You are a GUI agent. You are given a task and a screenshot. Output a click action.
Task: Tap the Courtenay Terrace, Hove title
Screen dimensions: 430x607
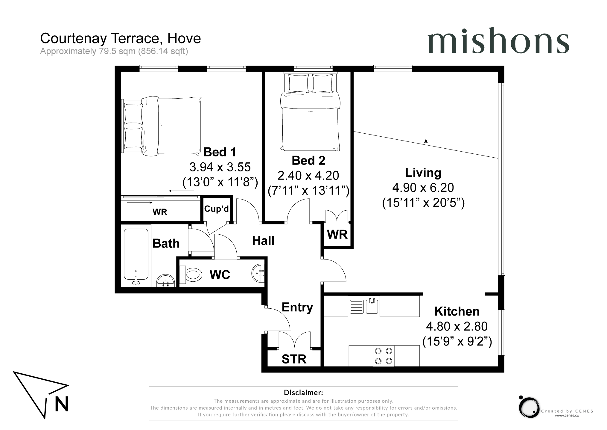[120, 38]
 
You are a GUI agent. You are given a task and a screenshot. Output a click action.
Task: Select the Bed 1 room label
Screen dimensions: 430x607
[220, 152]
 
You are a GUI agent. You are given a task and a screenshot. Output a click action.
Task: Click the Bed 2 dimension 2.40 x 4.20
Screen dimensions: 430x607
[308, 175]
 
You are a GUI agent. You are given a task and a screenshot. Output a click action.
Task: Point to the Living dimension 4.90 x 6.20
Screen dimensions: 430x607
[423, 188]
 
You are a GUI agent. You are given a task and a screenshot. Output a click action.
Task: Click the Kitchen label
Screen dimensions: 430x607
[457, 311]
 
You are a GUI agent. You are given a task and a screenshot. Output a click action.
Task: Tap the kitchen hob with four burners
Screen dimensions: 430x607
[384, 356]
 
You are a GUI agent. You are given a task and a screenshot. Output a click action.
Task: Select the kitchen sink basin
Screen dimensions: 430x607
[372, 306]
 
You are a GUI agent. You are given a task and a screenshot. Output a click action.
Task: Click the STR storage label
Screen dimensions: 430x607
[294, 359]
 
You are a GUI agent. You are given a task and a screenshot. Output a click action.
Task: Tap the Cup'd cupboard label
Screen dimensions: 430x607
[216, 209]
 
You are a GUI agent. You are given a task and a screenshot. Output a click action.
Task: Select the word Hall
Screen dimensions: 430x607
[263, 241]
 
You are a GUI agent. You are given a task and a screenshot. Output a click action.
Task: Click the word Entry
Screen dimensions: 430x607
[297, 307]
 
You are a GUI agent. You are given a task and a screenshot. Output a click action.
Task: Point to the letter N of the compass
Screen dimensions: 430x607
[62, 404]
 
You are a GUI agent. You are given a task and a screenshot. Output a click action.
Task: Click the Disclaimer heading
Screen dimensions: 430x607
[303, 393]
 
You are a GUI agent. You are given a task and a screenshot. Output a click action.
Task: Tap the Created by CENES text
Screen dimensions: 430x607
[567, 411]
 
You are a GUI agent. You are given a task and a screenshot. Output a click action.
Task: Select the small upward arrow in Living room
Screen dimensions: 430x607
[426, 143]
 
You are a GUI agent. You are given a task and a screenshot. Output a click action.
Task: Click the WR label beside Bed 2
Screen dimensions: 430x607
[337, 235]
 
